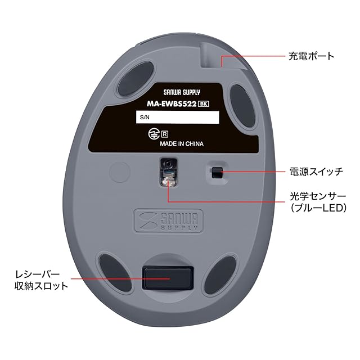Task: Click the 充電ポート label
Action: point(311,56)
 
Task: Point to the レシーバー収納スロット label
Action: point(41,280)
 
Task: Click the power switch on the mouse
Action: point(216,173)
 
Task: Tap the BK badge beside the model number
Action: point(204,103)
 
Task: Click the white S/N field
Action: point(177,118)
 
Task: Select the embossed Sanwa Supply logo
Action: point(166,220)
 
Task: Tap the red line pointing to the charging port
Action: point(253,57)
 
